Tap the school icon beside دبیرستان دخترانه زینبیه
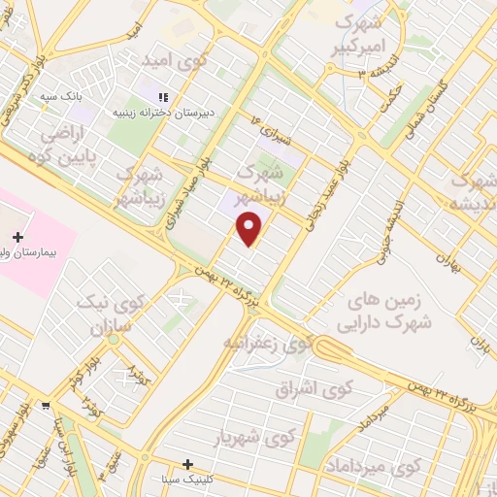164,97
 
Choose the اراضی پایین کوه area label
64,142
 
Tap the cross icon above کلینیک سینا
188,464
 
